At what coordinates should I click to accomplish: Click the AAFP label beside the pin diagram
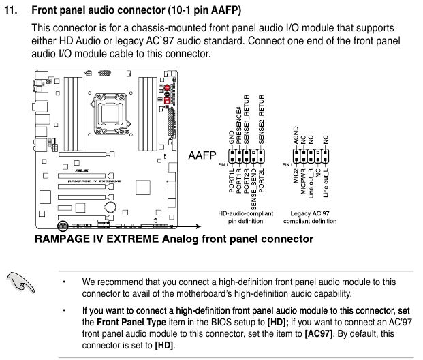point(202,155)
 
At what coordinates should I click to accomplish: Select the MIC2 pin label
point(296,182)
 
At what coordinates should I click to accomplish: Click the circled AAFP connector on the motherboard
point(63,224)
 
